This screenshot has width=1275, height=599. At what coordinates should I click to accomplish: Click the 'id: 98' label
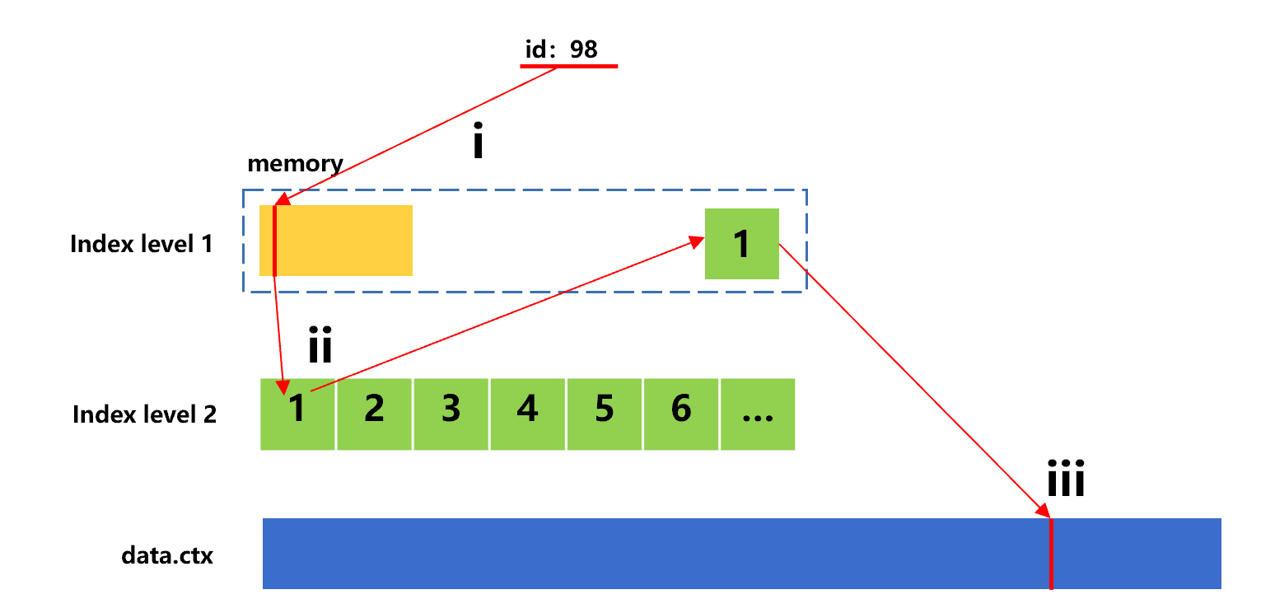[561, 49]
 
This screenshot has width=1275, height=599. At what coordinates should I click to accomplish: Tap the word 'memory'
[295, 163]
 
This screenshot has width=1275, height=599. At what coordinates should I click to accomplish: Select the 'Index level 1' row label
[142, 244]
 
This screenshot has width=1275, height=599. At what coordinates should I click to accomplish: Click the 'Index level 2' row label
[144, 414]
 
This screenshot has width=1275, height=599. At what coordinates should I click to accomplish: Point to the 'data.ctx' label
[166, 555]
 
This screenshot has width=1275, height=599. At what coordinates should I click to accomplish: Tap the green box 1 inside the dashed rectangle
[741, 244]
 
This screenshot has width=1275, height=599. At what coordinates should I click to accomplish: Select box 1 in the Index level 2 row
[297, 414]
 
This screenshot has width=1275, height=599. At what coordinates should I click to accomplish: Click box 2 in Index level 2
[374, 414]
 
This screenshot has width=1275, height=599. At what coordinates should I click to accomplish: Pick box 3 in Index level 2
[451, 414]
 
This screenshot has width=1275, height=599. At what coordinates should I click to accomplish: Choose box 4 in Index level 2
[527, 414]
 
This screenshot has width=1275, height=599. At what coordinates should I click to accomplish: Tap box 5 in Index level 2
[604, 414]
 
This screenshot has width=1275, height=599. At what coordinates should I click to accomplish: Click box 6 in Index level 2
[680, 414]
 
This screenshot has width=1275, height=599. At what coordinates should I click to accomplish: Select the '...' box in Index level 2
[757, 414]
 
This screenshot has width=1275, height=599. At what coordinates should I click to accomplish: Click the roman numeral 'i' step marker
[477, 143]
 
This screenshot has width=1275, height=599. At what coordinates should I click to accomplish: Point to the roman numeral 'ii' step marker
[320, 346]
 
